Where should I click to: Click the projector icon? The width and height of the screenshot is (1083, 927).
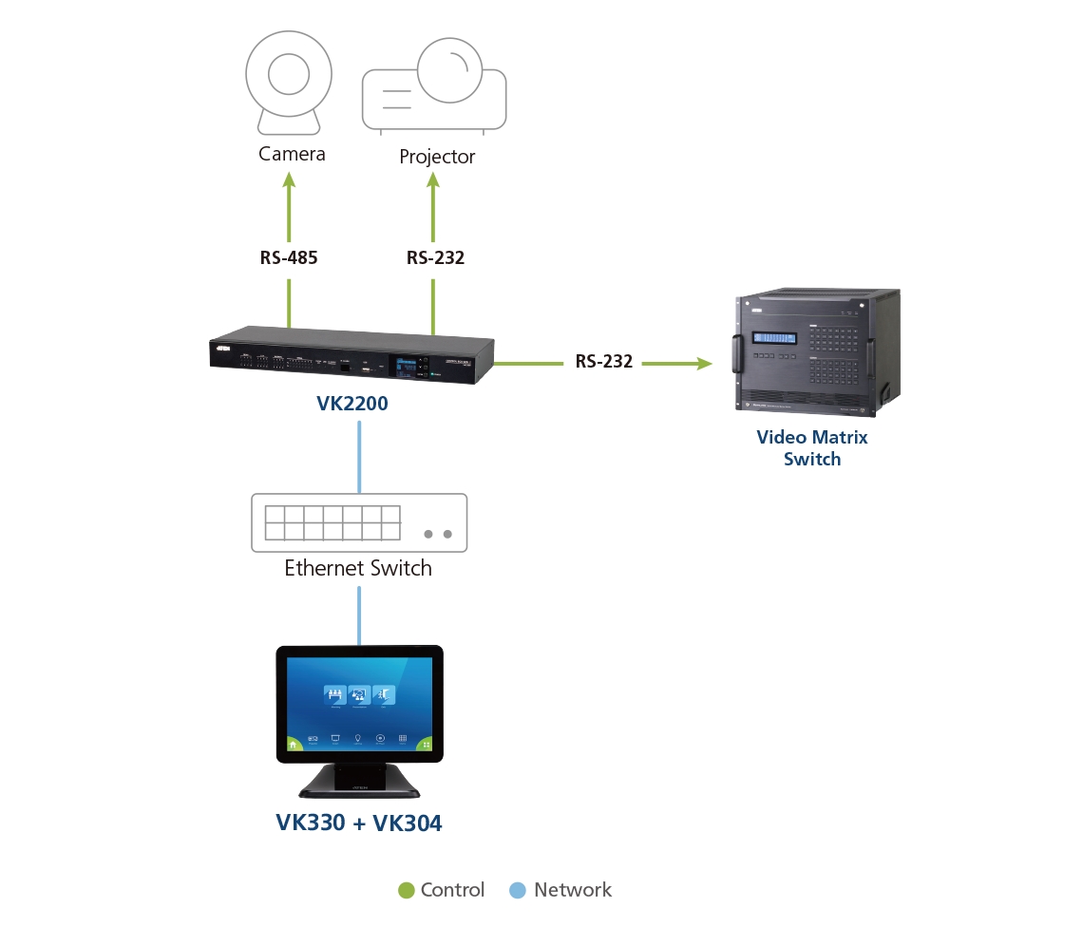434,85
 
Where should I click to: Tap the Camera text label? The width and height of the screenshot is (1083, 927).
292,154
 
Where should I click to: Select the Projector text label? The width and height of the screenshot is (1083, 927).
437,157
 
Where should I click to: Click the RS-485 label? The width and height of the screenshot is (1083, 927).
289,257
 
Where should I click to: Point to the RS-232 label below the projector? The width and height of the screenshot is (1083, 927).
435,257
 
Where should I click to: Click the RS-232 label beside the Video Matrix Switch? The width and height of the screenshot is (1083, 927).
603,362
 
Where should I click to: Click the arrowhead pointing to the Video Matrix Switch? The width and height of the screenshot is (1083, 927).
703,363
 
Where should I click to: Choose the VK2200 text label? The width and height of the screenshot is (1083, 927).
352,405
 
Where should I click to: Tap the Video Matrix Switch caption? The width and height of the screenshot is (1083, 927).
812,448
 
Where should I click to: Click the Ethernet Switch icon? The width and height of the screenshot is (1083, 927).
359,522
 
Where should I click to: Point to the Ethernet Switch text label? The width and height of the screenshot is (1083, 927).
358,568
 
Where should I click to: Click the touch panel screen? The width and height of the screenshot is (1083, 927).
359,704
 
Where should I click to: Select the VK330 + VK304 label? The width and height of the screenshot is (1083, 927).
359,823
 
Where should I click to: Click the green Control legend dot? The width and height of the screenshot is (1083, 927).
407,891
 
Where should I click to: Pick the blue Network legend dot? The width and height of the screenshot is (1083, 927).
518,891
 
